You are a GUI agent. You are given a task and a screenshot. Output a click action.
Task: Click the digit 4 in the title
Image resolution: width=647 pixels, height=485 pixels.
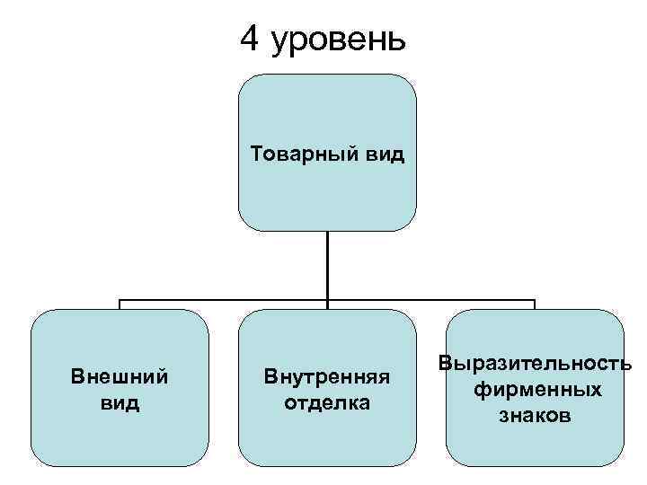(x=251, y=39)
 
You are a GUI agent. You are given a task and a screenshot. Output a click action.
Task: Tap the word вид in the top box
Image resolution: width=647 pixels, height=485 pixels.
(x=384, y=154)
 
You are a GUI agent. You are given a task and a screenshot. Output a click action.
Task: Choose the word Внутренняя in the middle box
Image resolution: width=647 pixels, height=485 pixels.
(x=326, y=377)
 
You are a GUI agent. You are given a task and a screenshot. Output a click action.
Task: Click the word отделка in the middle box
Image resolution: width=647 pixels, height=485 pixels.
(x=326, y=401)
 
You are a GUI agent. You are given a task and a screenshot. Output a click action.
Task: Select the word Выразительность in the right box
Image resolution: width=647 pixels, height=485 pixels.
(x=536, y=364)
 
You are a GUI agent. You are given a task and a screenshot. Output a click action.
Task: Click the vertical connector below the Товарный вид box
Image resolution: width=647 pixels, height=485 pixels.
(x=327, y=265)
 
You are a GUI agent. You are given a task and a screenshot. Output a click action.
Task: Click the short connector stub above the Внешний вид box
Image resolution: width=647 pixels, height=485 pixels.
(x=120, y=304)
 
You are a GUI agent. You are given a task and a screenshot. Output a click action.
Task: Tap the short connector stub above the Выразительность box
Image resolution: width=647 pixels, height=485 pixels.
(x=535, y=304)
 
